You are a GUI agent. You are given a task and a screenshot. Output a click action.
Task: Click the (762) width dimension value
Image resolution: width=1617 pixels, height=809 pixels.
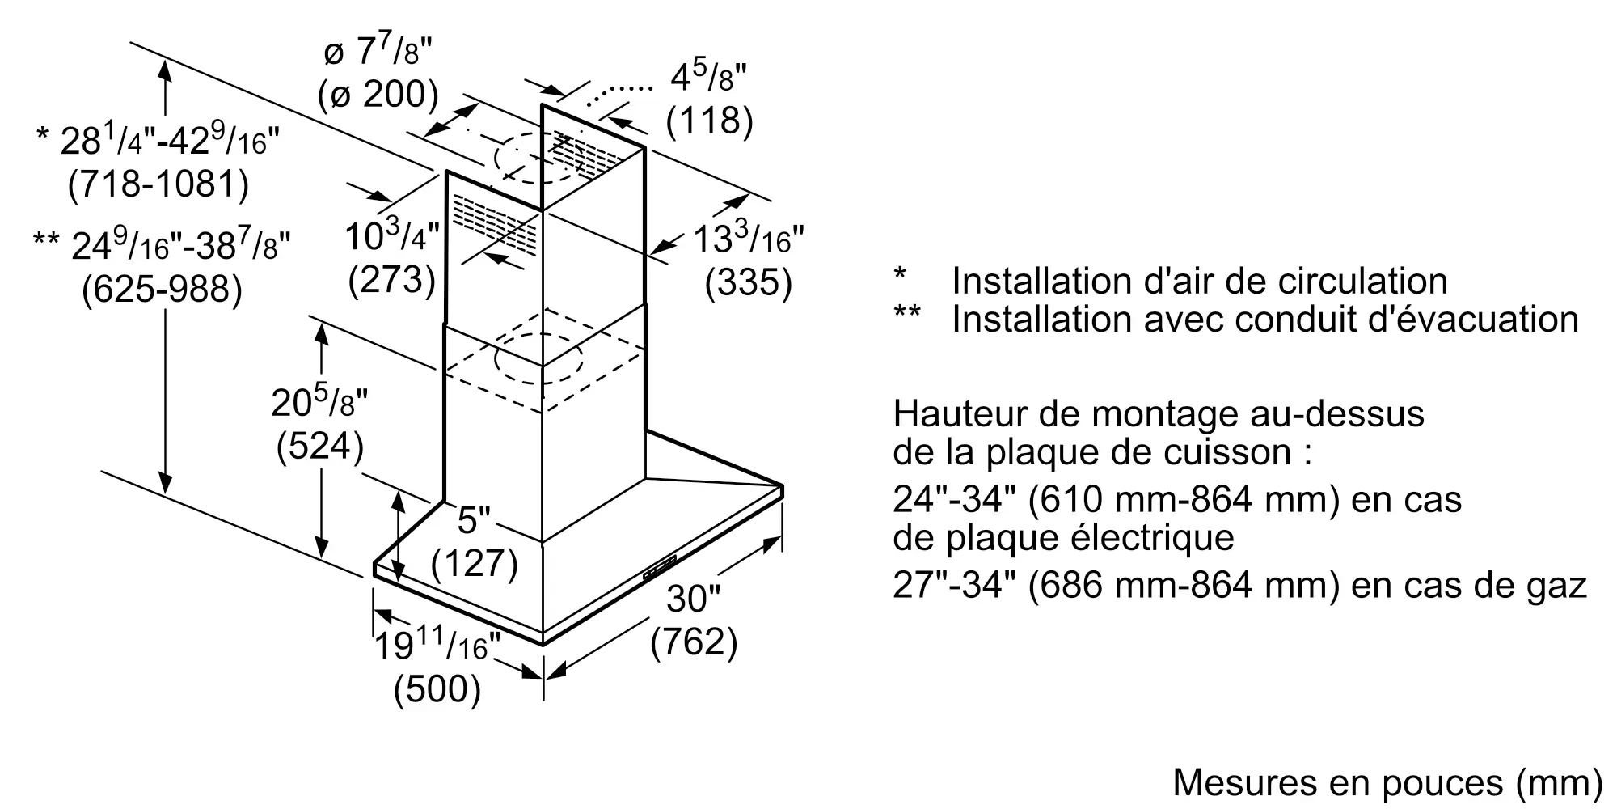point(694,642)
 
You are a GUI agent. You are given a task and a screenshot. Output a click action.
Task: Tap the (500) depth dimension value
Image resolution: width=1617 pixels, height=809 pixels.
point(437,689)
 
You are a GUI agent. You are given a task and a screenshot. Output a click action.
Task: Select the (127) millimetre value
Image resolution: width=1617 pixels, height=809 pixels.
point(475,563)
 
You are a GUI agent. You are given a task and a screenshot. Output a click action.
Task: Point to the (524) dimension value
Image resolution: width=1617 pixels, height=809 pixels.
point(320,446)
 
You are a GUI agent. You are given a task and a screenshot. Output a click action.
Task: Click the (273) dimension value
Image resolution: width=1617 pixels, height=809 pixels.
point(392,279)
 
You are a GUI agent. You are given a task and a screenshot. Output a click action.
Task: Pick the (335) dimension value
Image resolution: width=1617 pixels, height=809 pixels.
point(748,282)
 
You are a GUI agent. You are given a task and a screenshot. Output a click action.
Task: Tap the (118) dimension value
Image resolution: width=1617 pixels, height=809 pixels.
point(709,121)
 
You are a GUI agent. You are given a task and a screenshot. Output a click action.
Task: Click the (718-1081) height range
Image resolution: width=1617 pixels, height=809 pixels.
point(158,184)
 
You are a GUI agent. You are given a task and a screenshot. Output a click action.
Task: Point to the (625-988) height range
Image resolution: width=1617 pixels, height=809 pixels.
point(162,289)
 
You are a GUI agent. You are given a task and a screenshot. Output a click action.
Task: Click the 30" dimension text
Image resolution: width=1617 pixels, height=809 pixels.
point(693,599)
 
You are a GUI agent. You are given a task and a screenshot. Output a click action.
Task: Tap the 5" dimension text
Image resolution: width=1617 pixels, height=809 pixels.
point(474,520)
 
